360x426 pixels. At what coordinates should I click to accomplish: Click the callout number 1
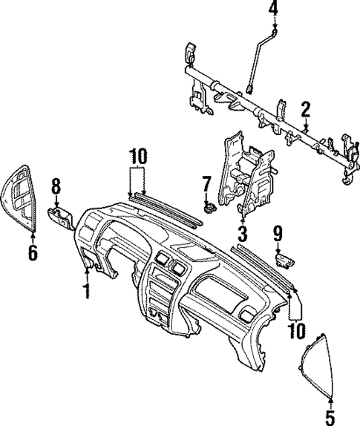click(x=87, y=289)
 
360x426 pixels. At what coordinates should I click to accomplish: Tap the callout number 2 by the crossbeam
click(x=305, y=111)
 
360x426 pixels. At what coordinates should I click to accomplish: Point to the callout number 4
click(x=273, y=9)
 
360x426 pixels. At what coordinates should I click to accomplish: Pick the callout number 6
click(x=32, y=253)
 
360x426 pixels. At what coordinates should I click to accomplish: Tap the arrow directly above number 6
click(x=32, y=236)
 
